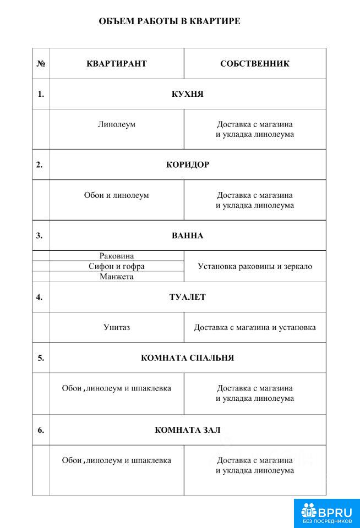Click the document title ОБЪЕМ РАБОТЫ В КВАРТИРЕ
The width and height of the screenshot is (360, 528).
click(x=169, y=21)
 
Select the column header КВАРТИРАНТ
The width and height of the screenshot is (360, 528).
click(x=117, y=63)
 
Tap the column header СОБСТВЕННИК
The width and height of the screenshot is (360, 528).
click(x=254, y=63)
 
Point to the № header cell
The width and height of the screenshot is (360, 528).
click(x=41, y=63)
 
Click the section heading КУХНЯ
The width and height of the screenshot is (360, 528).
click(x=187, y=94)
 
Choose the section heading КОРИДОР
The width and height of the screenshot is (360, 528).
click(x=187, y=164)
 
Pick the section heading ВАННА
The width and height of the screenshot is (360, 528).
click(x=187, y=235)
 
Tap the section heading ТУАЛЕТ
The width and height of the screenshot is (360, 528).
click(x=187, y=297)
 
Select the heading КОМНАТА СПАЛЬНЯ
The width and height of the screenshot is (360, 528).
click(x=187, y=358)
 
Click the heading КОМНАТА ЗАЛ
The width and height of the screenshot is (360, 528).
click(x=187, y=430)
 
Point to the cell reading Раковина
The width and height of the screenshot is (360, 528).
click(x=117, y=256)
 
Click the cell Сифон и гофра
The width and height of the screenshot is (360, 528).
click(x=117, y=266)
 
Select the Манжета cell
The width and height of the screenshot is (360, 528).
click(x=117, y=277)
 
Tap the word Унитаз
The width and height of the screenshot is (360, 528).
click(x=117, y=327)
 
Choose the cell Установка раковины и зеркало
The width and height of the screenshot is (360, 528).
click(x=254, y=266)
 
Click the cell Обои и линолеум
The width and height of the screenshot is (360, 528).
click(x=117, y=195)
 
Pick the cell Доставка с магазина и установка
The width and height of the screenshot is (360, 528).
click(x=254, y=327)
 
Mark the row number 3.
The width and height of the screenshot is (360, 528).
click(x=40, y=235)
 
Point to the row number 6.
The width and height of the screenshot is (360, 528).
click(x=41, y=430)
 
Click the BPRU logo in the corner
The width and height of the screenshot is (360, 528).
click(x=327, y=513)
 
